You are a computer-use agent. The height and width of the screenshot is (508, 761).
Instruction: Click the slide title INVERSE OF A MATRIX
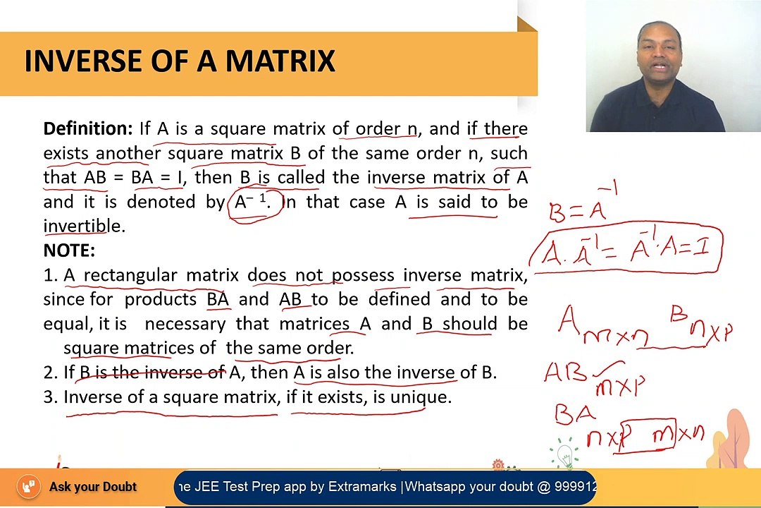[180, 61]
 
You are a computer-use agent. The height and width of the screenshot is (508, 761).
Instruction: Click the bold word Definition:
[87, 128]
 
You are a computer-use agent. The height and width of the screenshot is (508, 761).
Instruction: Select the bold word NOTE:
[69, 250]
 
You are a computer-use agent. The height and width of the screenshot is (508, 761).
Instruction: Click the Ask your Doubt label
[93, 487]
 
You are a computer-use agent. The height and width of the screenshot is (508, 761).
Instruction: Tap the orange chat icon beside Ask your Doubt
[28, 487]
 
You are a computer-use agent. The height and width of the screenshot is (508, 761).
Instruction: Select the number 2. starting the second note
[50, 373]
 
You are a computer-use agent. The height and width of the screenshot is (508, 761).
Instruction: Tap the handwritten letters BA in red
[574, 413]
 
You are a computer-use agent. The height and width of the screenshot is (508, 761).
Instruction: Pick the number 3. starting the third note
[50, 397]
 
